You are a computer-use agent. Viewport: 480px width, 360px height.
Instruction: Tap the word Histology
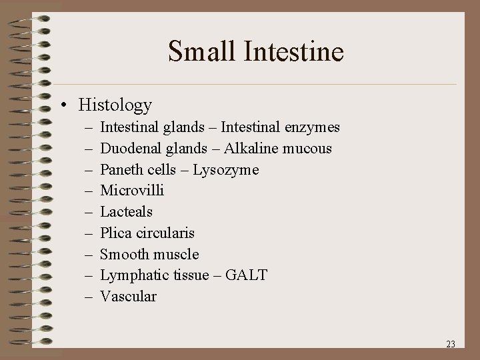coord(115,105)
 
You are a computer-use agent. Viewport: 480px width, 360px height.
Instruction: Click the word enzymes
coord(312,127)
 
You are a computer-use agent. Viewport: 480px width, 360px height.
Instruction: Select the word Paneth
coord(121,169)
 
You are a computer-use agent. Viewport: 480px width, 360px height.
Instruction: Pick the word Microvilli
coord(132,191)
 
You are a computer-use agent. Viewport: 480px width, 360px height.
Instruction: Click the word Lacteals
coord(127,212)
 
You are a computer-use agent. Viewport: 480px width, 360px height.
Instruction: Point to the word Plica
coord(116,233)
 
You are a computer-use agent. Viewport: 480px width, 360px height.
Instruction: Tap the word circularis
coord(166,233)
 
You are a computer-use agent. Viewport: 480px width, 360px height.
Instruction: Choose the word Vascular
coord(129,297)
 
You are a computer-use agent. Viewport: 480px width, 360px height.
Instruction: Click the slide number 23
coord(450,345)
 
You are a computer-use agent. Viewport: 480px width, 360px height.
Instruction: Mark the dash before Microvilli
coord(89,191)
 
